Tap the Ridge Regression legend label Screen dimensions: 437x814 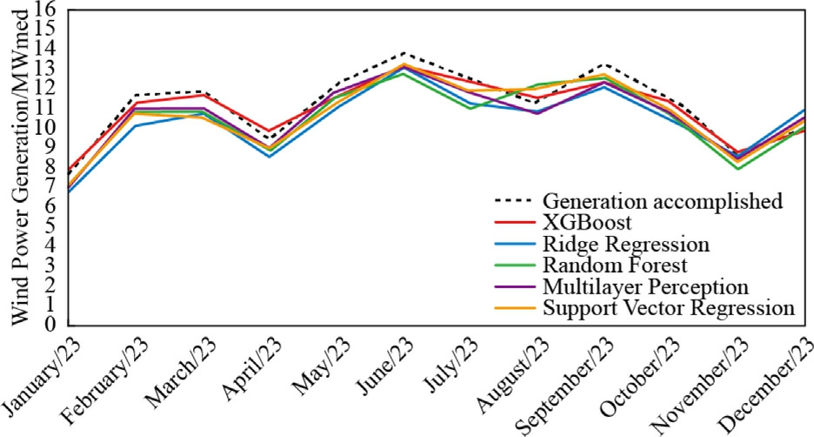625,244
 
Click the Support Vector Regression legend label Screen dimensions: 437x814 668,307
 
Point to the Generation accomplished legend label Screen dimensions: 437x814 663,201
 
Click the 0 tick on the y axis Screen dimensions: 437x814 50,324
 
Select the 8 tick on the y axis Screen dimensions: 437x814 50,166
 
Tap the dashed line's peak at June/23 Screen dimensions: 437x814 404,53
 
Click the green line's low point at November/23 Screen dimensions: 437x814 738,168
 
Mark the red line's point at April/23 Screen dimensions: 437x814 270,131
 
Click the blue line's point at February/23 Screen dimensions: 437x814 136,125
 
